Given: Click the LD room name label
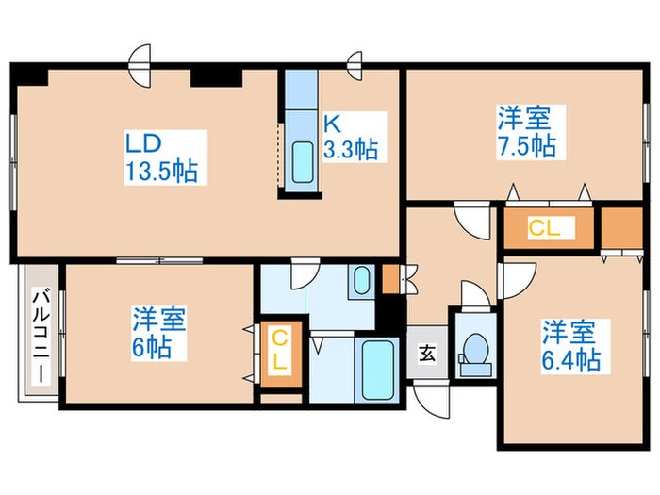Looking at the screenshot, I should [145, 144].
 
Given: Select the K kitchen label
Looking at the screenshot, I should [333, 124].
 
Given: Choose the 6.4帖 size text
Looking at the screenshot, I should [571, 359].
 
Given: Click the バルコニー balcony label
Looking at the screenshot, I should [41, 335].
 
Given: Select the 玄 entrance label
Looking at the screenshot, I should [427, 355].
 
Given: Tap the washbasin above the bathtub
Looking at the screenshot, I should [360, 280].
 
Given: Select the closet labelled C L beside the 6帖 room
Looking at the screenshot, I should [281, 350].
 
